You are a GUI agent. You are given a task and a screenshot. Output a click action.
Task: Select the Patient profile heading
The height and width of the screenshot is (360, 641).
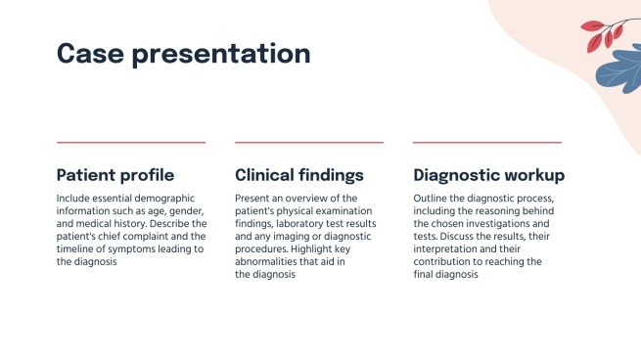[115, 175]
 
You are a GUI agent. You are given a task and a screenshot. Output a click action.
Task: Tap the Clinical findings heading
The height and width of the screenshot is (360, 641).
[299, 175]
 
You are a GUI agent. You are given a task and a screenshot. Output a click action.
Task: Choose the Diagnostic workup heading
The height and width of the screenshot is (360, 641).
[488, 175]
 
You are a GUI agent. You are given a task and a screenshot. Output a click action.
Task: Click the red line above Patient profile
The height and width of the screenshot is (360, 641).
[131, 143]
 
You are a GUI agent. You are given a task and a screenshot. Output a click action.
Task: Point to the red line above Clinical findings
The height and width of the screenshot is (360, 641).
[309, 143]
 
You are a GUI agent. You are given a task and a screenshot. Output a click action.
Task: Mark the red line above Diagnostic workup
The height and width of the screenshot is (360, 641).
[487, 143]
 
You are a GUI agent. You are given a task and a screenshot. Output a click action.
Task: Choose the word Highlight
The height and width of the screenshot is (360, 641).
[341, 249]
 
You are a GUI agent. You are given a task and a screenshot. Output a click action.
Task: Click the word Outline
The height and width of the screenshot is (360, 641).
[433, 198]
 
